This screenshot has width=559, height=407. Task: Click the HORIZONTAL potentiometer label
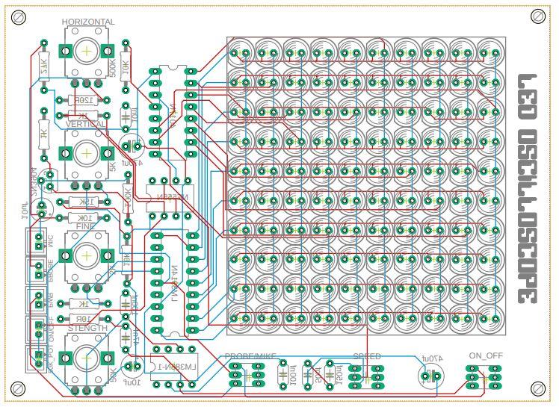88,22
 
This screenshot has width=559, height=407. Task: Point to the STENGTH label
87,329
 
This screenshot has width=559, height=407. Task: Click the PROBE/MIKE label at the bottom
250,356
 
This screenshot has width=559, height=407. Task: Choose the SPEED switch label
367,356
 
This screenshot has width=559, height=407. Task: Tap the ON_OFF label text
483,356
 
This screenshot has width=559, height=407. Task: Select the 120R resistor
80,100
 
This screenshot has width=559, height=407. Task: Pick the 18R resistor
84,317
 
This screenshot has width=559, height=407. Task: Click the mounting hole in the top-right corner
537,16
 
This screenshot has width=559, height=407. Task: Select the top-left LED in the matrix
241,53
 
